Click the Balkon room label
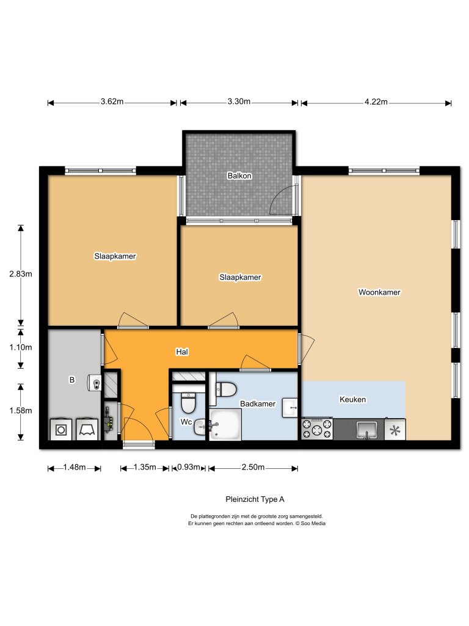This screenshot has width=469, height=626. click(x=240, y=175)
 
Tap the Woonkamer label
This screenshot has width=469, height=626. click(x=379, y=292)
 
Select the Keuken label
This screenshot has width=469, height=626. click(x=352, y=400)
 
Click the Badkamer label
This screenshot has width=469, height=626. click(x=257, y=404)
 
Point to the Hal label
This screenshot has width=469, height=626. click(x=181, y=352)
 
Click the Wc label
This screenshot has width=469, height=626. click(x=186, y=422)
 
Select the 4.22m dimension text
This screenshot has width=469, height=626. click(x=376, y=102)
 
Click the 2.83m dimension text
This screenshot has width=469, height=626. click(x=20, y=274)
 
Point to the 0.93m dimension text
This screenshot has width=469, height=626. click(x=188, y=468)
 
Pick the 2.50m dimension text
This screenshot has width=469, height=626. click(x=253, y=468)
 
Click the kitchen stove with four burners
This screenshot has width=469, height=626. click(x=316, y=429)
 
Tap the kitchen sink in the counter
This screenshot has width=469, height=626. click(x=366, y=429)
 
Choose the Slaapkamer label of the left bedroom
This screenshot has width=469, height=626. click(x=115, y=256)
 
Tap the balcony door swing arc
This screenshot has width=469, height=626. click(x=281, y=201)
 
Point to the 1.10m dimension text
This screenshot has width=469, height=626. click(x=20, y=347)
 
